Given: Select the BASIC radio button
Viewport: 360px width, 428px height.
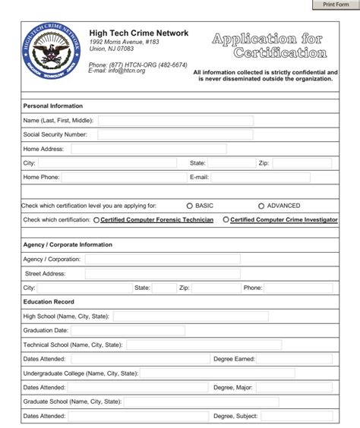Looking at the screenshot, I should pos(190,206).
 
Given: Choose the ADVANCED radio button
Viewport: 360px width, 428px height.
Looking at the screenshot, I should pos(261,206).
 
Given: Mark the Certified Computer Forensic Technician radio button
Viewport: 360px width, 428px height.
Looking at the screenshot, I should pos(96,220).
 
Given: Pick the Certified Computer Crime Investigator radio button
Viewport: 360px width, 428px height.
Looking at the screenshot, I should pos(226,220).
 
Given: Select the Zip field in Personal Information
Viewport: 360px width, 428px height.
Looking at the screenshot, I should pos(300,163).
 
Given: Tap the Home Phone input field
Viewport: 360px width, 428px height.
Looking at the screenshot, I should pos(122,178).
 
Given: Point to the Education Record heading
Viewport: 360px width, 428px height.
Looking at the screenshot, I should pos(49,302).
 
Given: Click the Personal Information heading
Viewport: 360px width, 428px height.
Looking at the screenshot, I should pos(53,106).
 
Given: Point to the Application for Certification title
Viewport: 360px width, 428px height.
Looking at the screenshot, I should pos(269,46).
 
